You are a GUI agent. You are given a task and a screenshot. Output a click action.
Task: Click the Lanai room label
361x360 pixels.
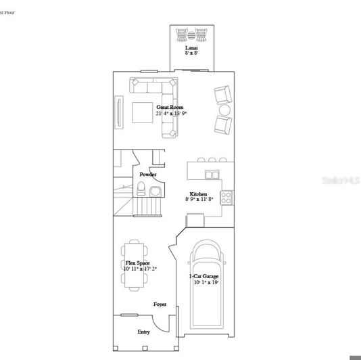coord(192,49)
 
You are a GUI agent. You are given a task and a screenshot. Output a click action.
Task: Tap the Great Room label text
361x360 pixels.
coord(170,107)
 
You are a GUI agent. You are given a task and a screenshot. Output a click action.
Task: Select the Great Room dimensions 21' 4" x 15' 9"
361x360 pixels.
coord(170,114)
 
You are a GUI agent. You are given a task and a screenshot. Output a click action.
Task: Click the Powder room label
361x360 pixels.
coord(148,175)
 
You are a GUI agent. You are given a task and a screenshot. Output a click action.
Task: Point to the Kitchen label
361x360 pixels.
coord(198,193)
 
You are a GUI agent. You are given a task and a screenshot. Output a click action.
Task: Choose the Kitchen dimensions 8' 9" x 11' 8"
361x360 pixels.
coord(199,200)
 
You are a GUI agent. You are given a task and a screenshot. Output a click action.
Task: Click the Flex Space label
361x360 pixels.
coord(138,263)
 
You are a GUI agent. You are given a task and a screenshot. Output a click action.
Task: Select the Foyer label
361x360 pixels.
coord(160,305)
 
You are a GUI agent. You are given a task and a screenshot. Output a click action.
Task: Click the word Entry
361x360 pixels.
coord(144,332)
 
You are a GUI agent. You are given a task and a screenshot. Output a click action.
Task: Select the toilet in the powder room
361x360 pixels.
coord(154,192)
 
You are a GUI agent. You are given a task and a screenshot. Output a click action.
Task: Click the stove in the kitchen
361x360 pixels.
coord(227,198)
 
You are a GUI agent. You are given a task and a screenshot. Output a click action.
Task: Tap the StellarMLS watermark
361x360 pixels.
coord(341,181)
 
